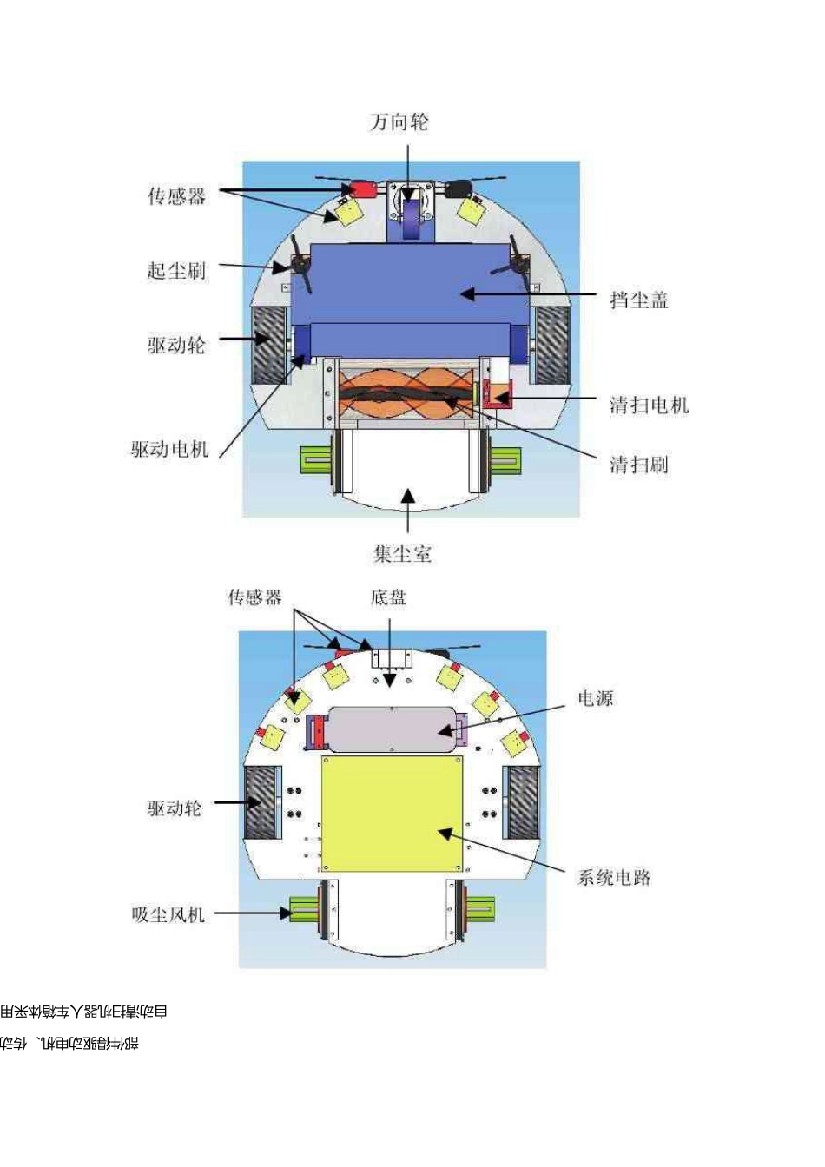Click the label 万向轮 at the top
pos(399,122)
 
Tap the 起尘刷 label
pos(176,271)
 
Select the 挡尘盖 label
pos(639,300)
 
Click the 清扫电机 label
pos(649,405)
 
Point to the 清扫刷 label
pos(639,465)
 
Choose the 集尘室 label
pos(402,554)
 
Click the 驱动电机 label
pos(170,450)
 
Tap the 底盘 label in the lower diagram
pos(388,597)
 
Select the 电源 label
pos(596,698)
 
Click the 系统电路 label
pos(614,877)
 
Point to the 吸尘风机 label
pos(168,914)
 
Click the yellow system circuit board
pos(392,814)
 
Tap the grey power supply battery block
pos(391,729)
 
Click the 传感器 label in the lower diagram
pos(254,597)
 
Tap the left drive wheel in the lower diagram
pos(259,803)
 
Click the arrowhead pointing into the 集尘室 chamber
pos(407,497)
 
